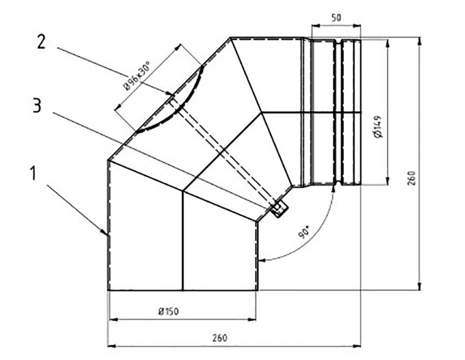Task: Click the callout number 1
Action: tap(34, 174)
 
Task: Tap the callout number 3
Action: tap(36, 105)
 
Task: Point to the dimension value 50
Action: tap(336, 17)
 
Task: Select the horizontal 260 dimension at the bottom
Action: tap(220, 338)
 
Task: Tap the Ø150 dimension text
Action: tap(169, 311)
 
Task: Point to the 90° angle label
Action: tap(303, 234)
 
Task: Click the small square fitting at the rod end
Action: tap(280, 208)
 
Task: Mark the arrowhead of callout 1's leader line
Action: tap(106, 234)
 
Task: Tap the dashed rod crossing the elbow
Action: tap(222, 151)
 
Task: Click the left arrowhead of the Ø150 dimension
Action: tap(112, 319)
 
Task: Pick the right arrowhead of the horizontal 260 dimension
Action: tap(357, 345)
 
